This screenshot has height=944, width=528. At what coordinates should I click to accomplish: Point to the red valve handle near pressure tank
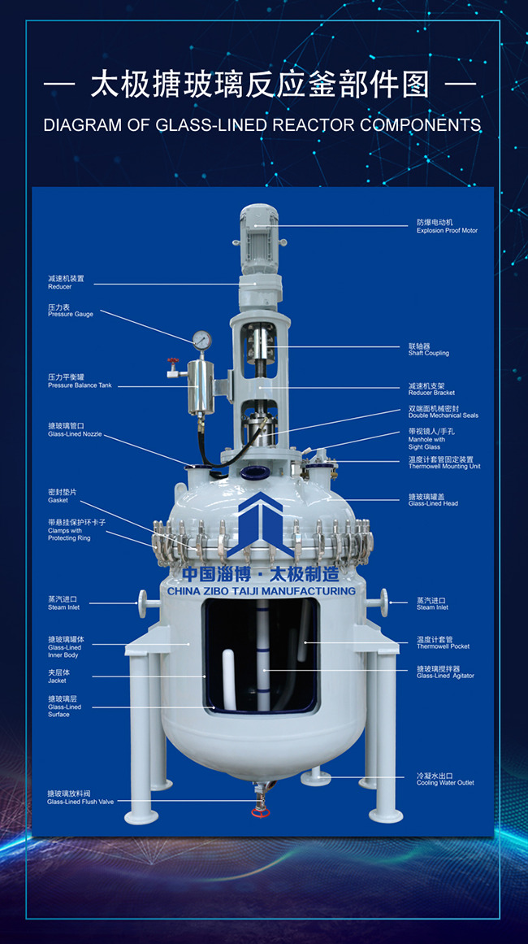click(171, 360)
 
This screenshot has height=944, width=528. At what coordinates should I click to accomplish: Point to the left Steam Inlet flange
click(144, 603)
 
